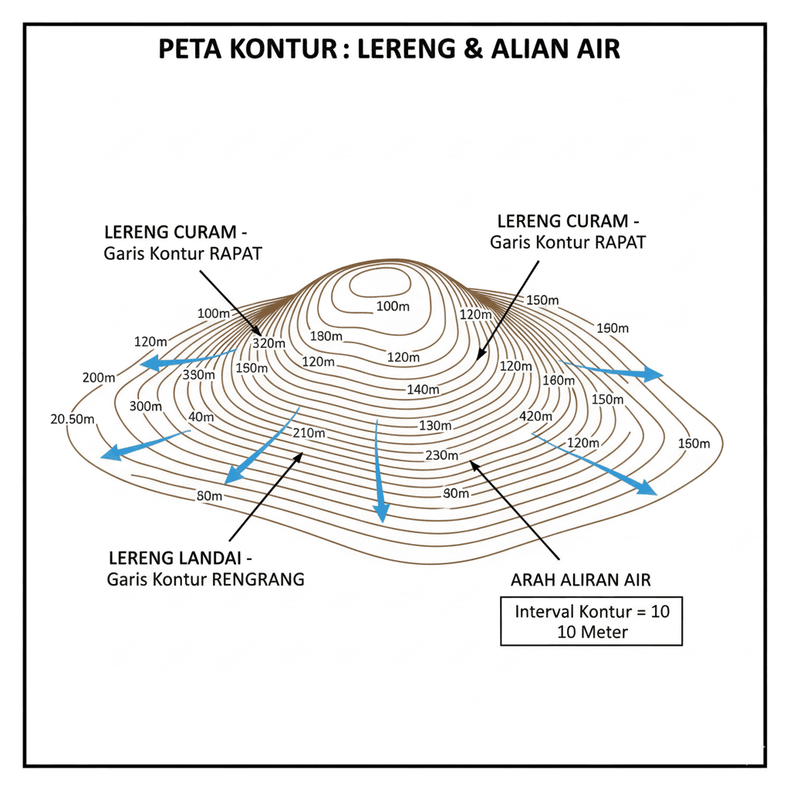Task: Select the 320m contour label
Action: coord(269,343)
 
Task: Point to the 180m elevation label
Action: coord(326,336)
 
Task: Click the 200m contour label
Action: coord(98,377)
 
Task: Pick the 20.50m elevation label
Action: coord(73,420)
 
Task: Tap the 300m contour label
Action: coord(146,407)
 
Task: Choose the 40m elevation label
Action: coord(201,417)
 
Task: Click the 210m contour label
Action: coord(309,433)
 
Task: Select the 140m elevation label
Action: coord(423,390)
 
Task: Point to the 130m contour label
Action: coord(435,425)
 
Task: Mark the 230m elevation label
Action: coord(442,455)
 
